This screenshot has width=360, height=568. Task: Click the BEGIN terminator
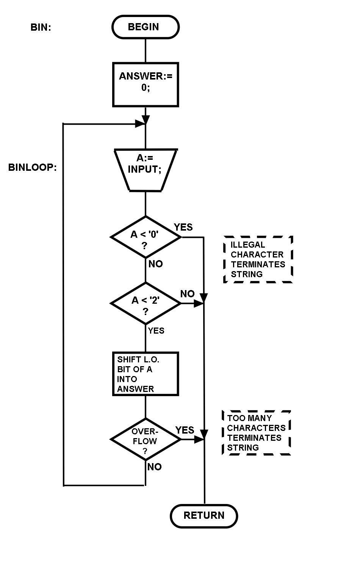[146, 27]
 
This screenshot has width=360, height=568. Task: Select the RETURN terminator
[204, 516]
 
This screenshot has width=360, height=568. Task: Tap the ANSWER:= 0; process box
[146, 84]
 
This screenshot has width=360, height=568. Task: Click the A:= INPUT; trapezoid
[146, 170]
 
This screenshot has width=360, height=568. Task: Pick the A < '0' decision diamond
[146, 237]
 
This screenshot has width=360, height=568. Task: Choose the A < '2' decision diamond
[146, 303]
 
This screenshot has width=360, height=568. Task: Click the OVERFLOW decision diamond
[146, 440]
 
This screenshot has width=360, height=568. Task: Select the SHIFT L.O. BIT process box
[146, 374]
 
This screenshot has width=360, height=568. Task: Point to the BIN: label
[41, 27]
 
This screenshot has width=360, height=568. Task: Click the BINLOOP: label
[33, 167]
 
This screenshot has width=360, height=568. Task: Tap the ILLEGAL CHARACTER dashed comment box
[258, 259]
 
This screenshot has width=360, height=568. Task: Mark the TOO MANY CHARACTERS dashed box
[256, 433]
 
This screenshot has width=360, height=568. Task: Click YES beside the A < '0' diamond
[183, 227]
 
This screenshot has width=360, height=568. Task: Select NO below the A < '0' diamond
[156, 264]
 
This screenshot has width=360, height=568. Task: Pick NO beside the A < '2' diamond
[187, 294]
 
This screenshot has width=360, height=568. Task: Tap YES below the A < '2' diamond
[156, 331]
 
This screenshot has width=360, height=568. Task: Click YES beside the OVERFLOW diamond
[185, 430]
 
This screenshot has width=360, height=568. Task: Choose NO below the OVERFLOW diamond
[155, 467]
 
